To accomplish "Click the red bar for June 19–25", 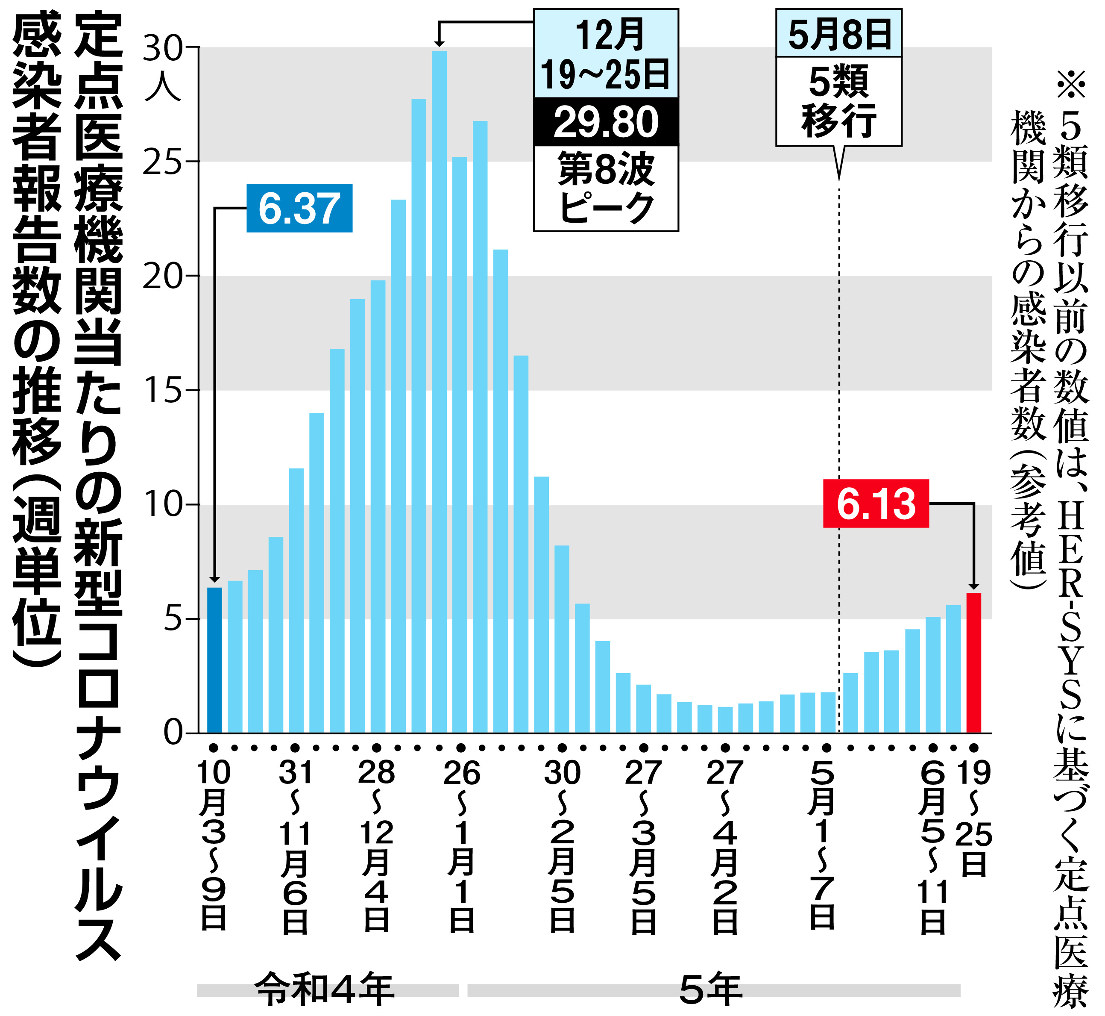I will [x=974, y=663].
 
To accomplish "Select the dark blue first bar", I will [x=214, y=660].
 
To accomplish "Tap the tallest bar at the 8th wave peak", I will [x=439, y=392].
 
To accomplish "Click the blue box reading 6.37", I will [x=299, y=208].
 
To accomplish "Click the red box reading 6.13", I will [x=876, y=503].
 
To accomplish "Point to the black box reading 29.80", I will [x=606, y=122].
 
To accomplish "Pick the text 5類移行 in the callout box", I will [x=838, y=101].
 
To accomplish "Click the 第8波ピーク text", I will [x=606, y=188].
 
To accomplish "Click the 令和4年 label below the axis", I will [x=324, y=989].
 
